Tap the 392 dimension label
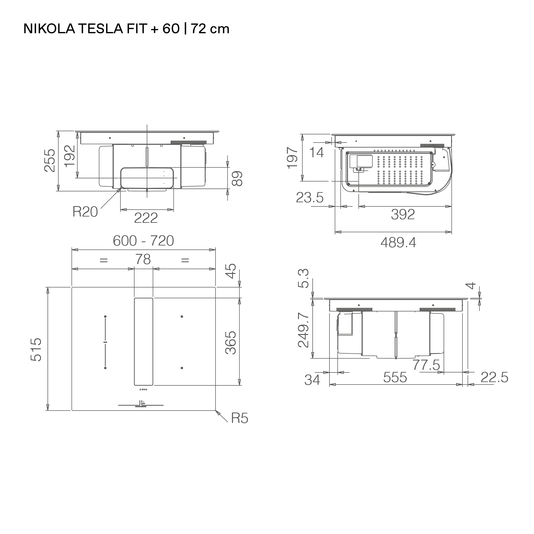403,215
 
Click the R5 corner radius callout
239,419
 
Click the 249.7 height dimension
303,330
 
